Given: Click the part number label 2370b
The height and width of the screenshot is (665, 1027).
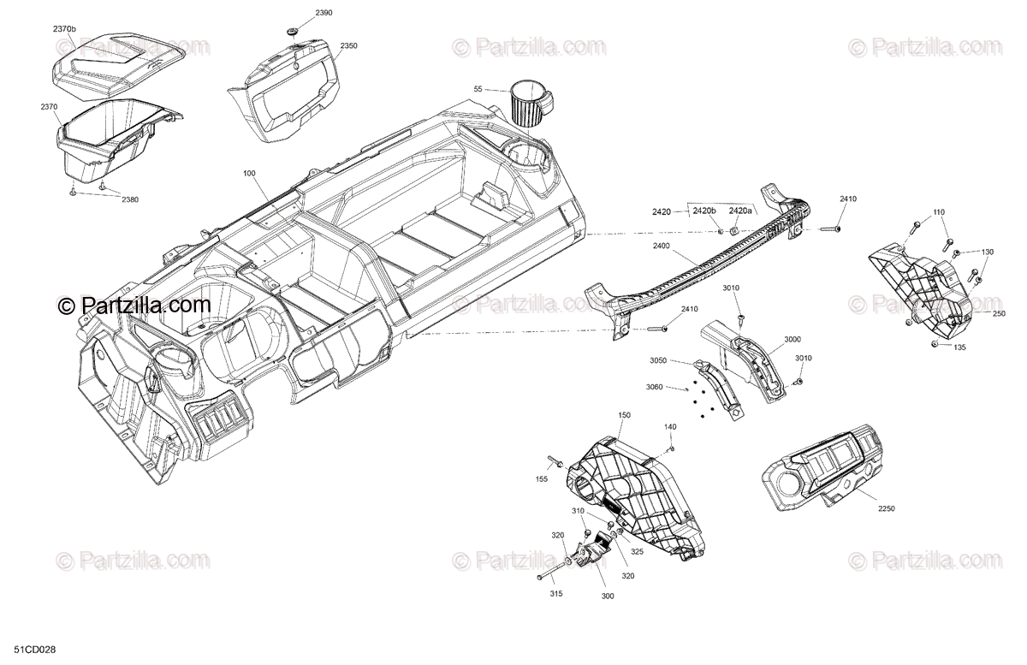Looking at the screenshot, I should point(64,29).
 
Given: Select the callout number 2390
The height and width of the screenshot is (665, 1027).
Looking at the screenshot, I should point(300,14).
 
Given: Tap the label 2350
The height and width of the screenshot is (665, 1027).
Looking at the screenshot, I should point(348,45).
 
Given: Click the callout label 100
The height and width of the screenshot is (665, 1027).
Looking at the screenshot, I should point(249,174).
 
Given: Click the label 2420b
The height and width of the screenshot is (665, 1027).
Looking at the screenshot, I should point(703,211).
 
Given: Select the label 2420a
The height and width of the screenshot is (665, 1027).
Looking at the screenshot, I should point(741,211).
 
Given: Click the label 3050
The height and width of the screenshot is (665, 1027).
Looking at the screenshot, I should point(658,360).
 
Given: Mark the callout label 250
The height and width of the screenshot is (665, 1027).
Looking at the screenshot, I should point(999,314).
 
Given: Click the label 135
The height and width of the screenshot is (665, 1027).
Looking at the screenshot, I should point(960,347).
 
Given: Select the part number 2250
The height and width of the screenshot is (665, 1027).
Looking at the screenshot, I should point(885,508).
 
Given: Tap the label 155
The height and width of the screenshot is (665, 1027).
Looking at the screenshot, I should point(541,479).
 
